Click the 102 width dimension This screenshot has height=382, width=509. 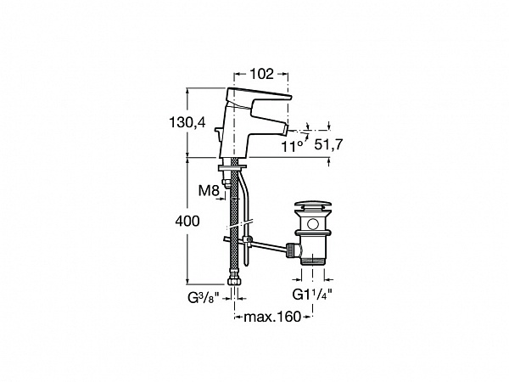point(261,74)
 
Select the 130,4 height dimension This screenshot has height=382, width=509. point(187,122)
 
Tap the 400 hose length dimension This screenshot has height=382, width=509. point(187,222)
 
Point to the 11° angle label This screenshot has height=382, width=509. point(292,147)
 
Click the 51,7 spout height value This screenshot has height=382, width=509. point(328,144)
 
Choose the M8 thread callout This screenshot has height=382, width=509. point(209,191)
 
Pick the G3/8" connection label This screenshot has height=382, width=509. point(204,297)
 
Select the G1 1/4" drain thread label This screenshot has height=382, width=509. point(312,295)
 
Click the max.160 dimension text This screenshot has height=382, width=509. point(272,317)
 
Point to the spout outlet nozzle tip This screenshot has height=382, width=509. point(287,130)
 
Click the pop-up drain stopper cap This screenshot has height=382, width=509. point(313,205)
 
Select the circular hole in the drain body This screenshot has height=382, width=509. point(313,224)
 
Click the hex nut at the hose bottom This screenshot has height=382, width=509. point(234,281)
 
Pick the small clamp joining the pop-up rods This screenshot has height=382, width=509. point(249,240)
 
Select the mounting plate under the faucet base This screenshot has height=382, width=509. point(232,167)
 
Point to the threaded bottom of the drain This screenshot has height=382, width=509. point(313,260)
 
